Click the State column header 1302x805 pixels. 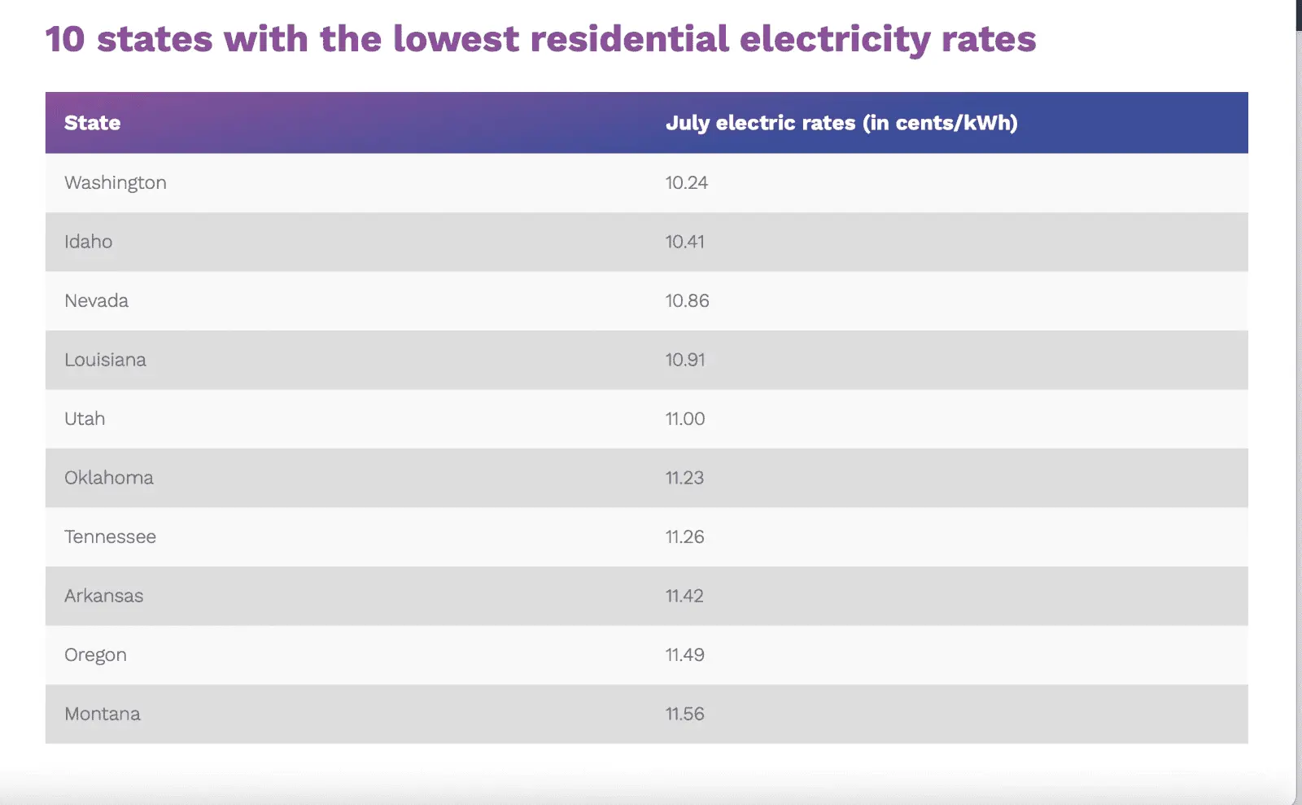[92, 123]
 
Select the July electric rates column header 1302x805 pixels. [841, 123]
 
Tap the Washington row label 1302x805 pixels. [116, 183]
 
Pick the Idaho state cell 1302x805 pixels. [89, 242]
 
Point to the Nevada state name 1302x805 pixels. [97, 301]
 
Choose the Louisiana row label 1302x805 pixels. [106, 360]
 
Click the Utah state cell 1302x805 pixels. [85, 419]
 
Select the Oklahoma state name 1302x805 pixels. [109, 478]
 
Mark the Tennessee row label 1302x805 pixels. [111, 537]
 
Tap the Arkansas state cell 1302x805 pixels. [104, 596]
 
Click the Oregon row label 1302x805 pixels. [96, 655]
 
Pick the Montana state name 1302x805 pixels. [103, 714]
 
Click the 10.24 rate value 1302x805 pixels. [687, 183]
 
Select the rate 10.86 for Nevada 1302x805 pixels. [688, 301]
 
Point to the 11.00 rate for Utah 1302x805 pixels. [685, 419]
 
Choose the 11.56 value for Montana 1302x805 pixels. [685, 714]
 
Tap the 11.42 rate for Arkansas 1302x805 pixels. [684, 596]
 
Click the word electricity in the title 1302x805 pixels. [836, 40]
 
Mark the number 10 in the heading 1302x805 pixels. [65, 40]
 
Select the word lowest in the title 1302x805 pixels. [456, 40]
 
